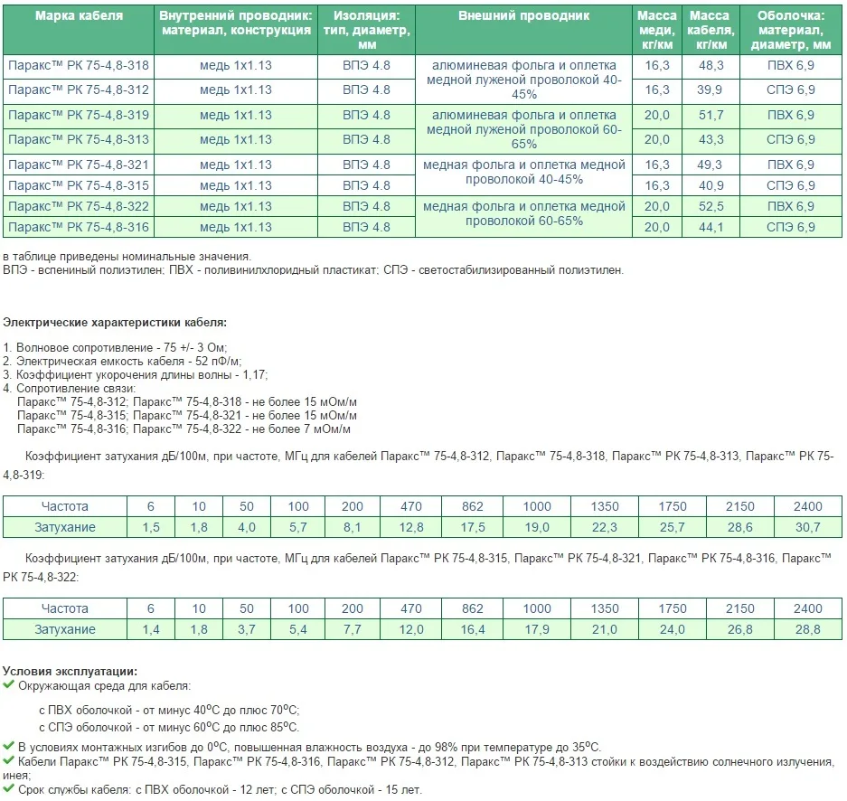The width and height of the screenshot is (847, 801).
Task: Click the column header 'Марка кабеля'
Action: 78,16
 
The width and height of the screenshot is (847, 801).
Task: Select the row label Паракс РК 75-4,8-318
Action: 78,66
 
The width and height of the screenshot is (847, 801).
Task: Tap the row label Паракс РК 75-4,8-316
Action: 78,227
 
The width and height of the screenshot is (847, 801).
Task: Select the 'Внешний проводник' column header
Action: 523,16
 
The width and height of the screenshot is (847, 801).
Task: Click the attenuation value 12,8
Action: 411,527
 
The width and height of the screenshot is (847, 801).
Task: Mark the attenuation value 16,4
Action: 473,629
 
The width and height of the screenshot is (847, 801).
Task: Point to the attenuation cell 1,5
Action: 151,527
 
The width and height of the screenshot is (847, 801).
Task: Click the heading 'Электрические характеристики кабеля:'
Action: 115,323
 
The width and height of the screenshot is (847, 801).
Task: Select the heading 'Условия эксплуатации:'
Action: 71,671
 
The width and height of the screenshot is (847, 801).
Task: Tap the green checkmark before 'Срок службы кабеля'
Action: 9,789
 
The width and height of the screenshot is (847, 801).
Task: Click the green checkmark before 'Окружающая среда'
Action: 9,686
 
